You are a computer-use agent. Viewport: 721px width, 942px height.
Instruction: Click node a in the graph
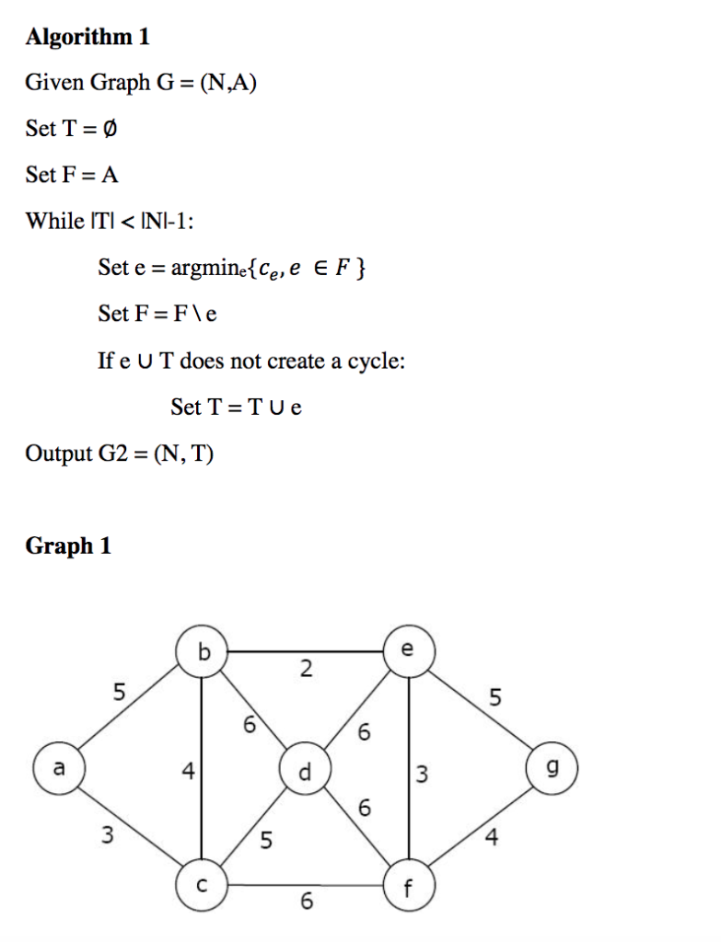tap(58, 769)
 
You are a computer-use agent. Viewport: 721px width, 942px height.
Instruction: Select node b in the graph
tap(203, 651)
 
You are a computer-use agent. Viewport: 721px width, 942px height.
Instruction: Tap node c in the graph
tap(203, 886)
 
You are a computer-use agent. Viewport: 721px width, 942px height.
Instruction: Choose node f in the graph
tap(409, 887)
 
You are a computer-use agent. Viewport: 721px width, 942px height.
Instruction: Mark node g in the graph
tap(552, 769)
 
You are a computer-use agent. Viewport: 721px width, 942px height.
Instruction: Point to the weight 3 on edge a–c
tap(109, 835)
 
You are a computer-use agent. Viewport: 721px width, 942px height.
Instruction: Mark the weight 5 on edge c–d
tap(265, 839)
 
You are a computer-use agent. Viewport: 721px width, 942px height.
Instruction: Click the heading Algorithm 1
tap(87, 37)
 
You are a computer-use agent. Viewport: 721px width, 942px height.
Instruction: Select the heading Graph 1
tap(68, 546)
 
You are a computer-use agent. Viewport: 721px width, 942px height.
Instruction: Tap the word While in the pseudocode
tap(53, 221)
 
